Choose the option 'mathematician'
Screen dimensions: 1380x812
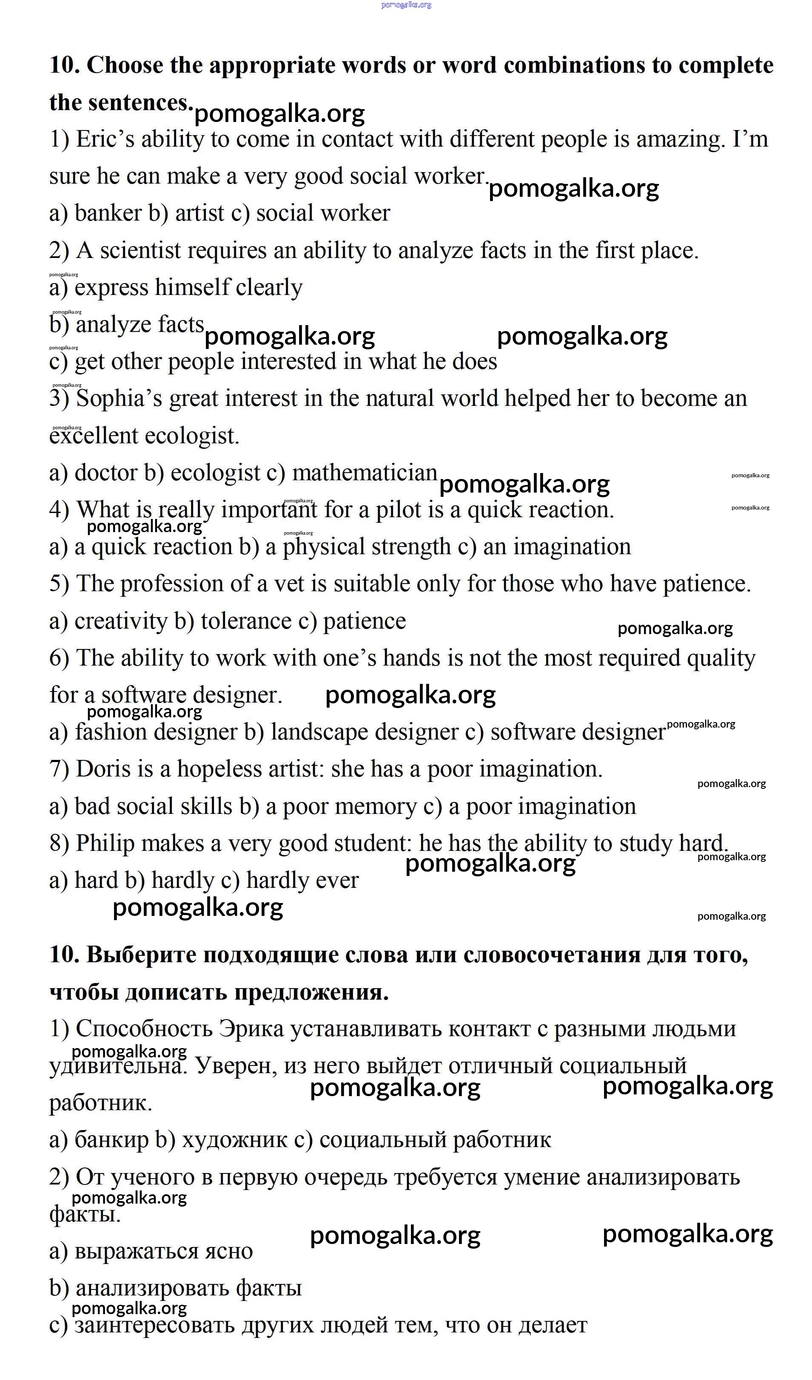[365, 473]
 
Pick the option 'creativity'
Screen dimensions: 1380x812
[120, 621]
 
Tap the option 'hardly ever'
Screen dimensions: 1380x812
[302, 881]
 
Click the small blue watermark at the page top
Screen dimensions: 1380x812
[406, 5]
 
